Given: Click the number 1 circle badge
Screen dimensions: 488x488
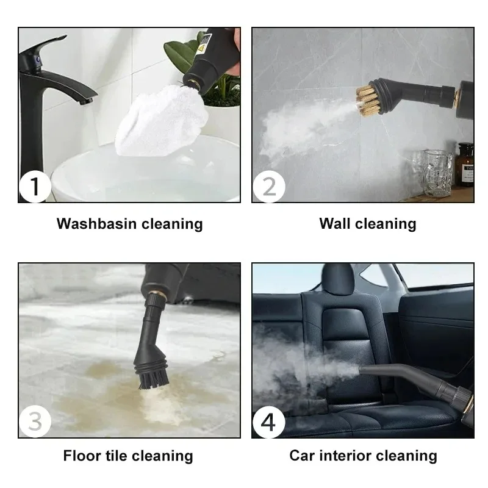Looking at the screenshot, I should [x=35, y=187].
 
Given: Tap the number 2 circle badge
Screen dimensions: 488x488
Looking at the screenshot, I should [x=268, y=187].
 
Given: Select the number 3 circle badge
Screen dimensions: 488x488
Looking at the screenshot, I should [x=35, y=422].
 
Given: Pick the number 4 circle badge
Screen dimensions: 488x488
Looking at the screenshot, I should [x=268, y=422].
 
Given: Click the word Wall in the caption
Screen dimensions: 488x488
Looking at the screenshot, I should [x=334, y=224].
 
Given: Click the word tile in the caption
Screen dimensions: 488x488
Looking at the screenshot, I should [x=121, y=456].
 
